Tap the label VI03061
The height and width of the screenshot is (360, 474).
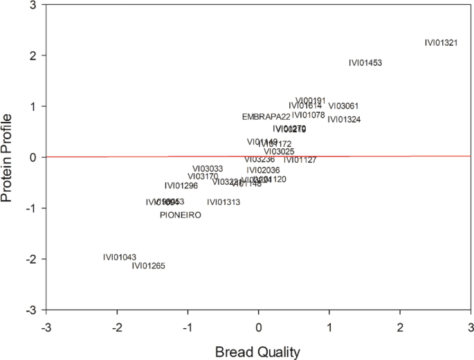tap(343, 106)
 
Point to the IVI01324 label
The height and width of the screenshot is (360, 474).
tap(344, 120)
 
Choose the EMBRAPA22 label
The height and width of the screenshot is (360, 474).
tap(266, 117)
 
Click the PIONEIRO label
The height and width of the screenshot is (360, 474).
tap(181, 215)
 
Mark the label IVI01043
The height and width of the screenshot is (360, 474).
tap(120, 258)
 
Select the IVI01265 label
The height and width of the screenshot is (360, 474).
tap(149, 266)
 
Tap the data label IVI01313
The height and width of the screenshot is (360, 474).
tap(224, 202)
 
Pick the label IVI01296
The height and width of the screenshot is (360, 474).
tap(181, 186)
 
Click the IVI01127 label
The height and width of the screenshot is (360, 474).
tap(300, 160)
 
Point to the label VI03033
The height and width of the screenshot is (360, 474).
tap(208, 169)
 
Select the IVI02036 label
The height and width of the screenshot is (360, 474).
tap(264, 170)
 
